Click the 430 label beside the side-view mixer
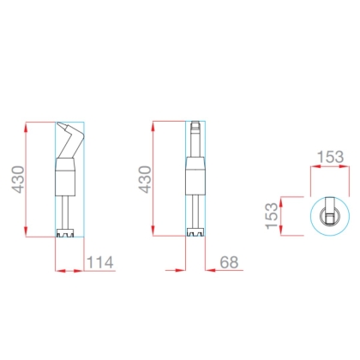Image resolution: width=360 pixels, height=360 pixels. (x=18, y=179)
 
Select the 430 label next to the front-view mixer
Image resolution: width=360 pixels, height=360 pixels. (x=145, y=179)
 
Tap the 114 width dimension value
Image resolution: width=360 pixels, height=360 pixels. (x=99, y=262)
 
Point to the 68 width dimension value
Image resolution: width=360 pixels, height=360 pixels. (x=229, y=262)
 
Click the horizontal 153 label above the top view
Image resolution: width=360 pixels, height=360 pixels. (x=330, y=157)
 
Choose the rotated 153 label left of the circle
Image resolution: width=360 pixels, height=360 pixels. (x=272, y=216)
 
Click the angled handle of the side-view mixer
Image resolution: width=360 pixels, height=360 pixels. (x=70, y=140)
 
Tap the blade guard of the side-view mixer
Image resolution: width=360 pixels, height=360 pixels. (x=65, y=233)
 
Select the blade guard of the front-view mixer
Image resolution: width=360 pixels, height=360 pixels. (x=195, y=232)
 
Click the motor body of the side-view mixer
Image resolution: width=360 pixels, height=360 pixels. (x=65, y=177)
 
